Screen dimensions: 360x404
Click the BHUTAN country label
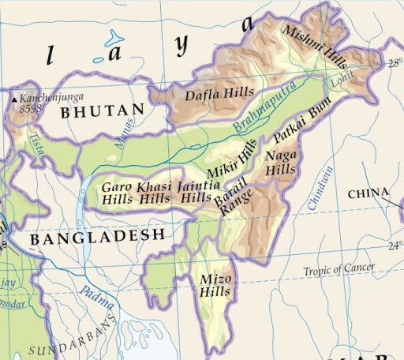click(x=103, y=111)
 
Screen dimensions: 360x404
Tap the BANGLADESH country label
click(x=97, y=235)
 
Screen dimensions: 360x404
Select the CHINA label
click(x=368, y=193)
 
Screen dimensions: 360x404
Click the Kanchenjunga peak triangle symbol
click(x=15, y=100)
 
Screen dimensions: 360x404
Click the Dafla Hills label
click(x=209, y=96)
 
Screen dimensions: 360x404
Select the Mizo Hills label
click(x=215, y=286)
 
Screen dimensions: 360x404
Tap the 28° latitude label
click(x=395, y=64)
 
